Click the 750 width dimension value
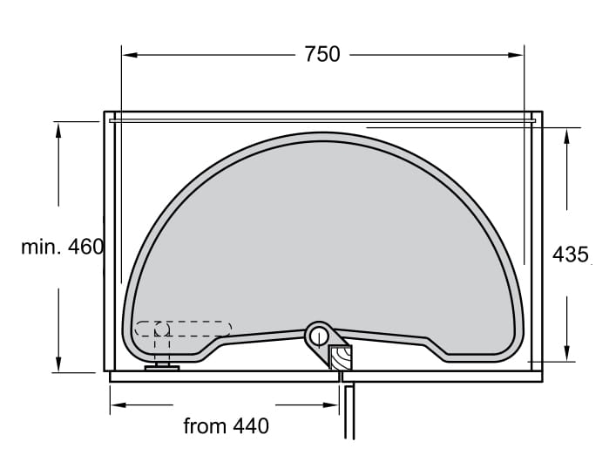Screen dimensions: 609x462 (x=322, y=54)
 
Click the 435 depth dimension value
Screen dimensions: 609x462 (x=570, y=255)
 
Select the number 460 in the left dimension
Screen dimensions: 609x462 (x=85, y=247)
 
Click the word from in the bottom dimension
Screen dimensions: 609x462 (x=205, y=426)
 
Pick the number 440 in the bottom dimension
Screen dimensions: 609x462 (x=251, y=426)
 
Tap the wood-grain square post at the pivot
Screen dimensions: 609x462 (x=341, y=357)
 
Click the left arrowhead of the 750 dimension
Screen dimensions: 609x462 (x=130, y=55)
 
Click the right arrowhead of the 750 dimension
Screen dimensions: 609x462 (x=516, y=55)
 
